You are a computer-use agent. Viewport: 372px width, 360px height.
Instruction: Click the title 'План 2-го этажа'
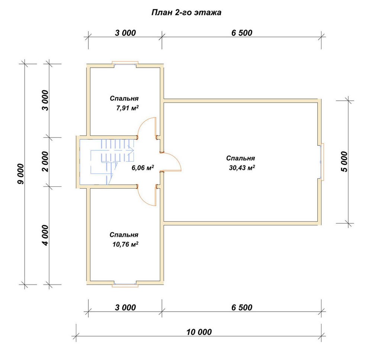tap(186, 12)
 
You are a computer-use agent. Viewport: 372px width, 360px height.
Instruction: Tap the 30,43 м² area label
tap(242, 167)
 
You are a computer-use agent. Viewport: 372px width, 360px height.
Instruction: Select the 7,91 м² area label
tap(127, 108)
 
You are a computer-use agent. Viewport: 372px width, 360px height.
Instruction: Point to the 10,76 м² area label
tap(125, 244)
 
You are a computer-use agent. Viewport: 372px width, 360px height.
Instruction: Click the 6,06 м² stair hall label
tap(142, 167)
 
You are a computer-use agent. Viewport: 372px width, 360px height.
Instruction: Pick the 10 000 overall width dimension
tap(199, 332)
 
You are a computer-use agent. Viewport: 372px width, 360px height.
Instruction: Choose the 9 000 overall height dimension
tap(20, 174)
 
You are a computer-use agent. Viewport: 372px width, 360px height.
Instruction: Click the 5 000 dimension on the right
tap(344, 161)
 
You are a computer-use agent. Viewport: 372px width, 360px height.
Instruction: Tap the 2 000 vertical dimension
tap(45, 161)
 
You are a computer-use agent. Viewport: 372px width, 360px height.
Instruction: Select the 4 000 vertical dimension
tap(45, 235)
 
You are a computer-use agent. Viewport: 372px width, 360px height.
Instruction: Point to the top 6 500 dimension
tap(242, 33)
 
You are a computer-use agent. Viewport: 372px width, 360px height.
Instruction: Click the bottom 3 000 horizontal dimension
tap(125, 307)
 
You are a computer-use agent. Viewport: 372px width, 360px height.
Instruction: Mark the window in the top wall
tap(125, 64)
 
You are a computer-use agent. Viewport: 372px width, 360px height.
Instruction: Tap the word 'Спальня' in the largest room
tap(240, 158)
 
